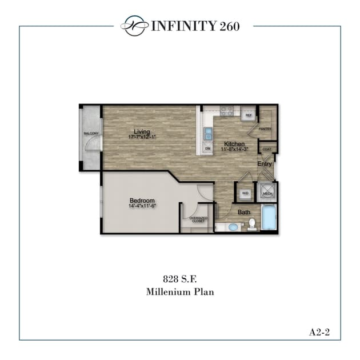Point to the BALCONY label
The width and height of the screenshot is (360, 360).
pos(91,134)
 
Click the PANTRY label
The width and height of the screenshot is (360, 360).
pos(265,129)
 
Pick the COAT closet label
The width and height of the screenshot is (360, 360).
pos(266,149)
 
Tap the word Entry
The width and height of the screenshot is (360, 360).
pos(264,164)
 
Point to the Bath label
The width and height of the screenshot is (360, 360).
pos(244,213)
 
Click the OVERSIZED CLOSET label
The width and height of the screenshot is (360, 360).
pos(198,219)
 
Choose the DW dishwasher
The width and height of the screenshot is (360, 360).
pos(208,149)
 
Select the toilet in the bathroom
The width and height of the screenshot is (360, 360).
pos(251,223)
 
